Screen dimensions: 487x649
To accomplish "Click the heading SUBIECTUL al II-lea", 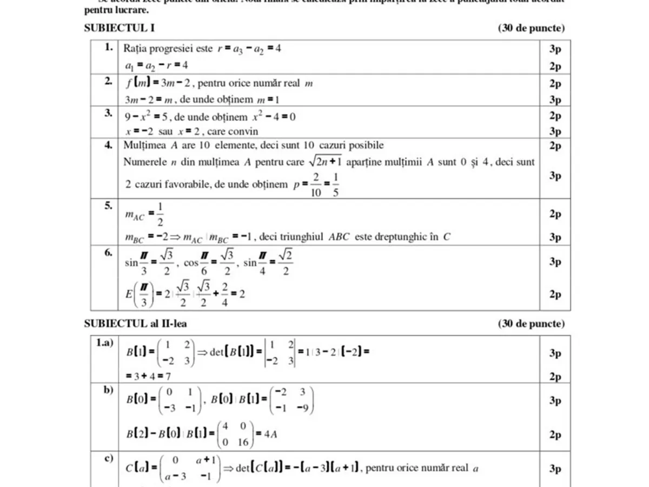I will pos(136,324).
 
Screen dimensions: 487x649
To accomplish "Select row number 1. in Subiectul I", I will pos(109,48).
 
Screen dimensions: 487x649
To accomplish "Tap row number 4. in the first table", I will pos(109,145).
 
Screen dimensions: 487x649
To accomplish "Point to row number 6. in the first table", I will pos(109,252).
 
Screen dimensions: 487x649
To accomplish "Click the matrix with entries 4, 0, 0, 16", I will pos(235,435).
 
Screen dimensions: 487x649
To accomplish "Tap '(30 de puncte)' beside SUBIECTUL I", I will pos(531,29).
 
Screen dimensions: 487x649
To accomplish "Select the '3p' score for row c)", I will pos(555,469).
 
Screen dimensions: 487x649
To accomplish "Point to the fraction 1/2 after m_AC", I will pos(160,214).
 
